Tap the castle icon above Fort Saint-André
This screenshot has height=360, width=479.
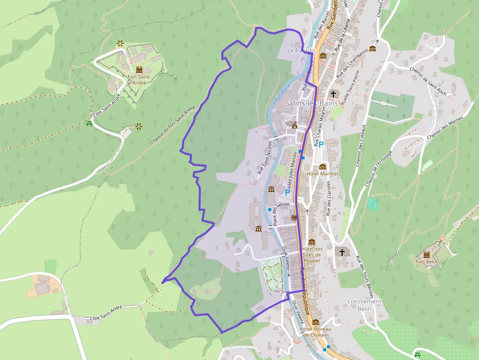point(140,69)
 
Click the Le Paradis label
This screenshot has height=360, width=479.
point(302,50)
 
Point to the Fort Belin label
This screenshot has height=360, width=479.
point(426,262)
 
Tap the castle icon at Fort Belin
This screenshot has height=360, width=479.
point(426,254)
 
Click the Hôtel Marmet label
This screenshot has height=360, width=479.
point(322,173)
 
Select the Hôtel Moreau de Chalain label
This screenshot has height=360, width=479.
point(315,332)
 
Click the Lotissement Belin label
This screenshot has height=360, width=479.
point(363,305)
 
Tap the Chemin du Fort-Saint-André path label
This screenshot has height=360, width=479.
point(173,124)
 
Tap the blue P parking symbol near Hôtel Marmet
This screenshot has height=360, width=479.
point(321,144)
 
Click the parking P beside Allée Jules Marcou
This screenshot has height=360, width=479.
point(287,192)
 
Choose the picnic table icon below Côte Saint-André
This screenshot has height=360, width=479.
point(89,124)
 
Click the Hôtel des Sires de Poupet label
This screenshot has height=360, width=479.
point(312,254)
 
